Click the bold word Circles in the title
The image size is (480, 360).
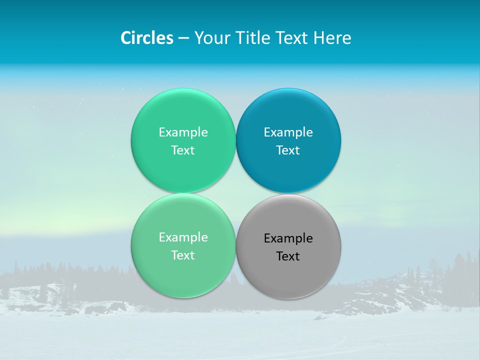tap(147, 38)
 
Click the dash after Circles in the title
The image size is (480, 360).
tap(183, 38)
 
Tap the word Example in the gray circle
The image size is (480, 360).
tap(288, 238)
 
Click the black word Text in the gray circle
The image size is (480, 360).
tap(288, 256)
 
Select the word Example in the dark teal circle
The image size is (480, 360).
tap(288, 132)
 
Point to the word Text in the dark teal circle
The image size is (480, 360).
tap(288, 150)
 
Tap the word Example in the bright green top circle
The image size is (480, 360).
tap(183, 132)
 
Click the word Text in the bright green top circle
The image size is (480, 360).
tap(183, 150)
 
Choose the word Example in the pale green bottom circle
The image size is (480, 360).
tap(183, 237)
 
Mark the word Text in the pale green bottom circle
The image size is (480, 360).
tap(183, 255)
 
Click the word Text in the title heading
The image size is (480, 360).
tap(291, 38)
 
